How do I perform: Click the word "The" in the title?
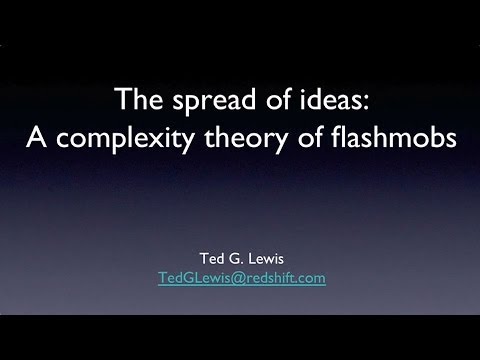pyautogui.click(x=135, y=100)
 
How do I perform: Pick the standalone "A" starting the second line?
pyautogui.click(x=35, y=140)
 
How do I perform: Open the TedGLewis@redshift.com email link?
pyautogui.click(x=241, y=279)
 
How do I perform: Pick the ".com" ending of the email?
pyautogui.click(x=309, y=279)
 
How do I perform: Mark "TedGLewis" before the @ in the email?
pyautogui.click(x=191, y=279)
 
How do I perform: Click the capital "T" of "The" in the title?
pyautogui.click(x=122, y=100)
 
